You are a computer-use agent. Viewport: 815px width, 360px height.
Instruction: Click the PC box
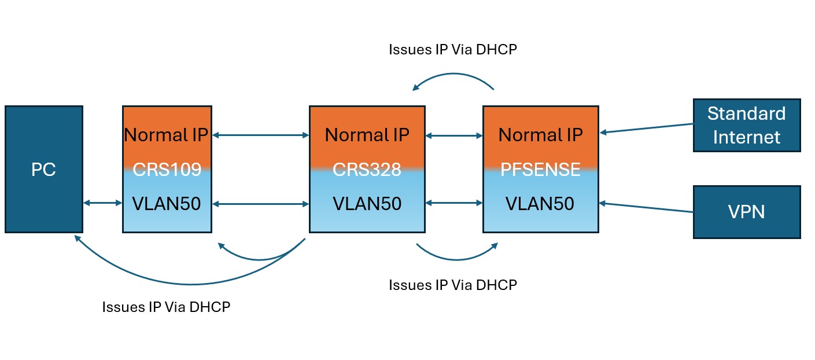click(44, 170)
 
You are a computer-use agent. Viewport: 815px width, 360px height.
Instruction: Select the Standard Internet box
click(746, 125)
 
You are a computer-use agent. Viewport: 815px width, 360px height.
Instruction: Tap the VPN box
click(746, 212)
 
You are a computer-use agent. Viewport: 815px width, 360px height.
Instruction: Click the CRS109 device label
click(167, 170)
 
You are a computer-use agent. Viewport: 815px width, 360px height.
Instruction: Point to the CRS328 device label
click(367, 170)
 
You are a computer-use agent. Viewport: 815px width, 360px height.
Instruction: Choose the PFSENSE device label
click(540, 170)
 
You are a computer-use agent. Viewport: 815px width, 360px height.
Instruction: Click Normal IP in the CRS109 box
click(167, 135)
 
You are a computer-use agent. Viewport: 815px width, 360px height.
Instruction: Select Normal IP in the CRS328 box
click(367, 135)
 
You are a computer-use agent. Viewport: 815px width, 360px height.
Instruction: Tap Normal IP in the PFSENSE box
click(540, 135)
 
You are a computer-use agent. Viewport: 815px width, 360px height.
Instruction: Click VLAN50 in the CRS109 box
click(167, 204)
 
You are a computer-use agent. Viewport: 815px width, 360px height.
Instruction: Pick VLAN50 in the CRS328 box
click(367, 204)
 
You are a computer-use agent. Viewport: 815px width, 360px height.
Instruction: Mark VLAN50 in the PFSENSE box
click(540, 204)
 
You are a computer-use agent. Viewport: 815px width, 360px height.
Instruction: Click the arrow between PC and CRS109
click(102, 203)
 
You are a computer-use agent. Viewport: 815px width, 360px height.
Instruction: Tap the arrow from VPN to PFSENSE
click(646, 207)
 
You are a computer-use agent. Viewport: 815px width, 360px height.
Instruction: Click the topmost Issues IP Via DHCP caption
click(452, 49)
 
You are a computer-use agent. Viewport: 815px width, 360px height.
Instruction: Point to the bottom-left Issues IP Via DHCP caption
click(166, 307)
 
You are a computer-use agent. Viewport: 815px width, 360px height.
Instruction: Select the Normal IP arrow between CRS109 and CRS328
click(260, 135)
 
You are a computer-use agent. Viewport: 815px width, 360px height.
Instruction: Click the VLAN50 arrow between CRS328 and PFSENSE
click(454, 203)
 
